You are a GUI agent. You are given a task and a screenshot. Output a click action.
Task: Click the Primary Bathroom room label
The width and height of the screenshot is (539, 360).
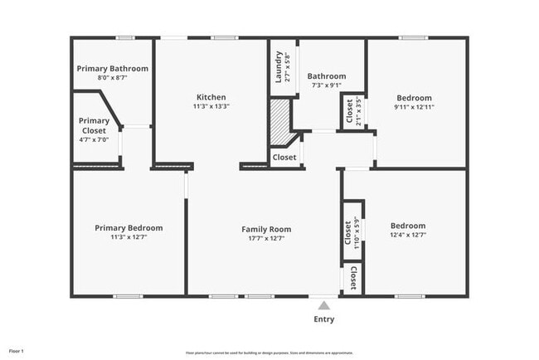pyautogui.click(x=112, y=68)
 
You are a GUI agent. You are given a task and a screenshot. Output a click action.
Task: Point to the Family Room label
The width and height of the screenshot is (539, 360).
pyautogui.click(x=266, y=228)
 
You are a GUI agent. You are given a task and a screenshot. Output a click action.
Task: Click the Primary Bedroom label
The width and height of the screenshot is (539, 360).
pyautogui.click(x=129, y=227)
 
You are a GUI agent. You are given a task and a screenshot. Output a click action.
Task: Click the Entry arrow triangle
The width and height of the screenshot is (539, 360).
pyautogui.click(x=324, y=304)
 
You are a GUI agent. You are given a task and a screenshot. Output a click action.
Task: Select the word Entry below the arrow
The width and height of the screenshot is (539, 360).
pyautogui.click(x=324, y=319)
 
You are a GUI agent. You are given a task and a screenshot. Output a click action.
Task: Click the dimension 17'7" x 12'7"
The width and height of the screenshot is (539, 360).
pyautogui.click(x=266, y=237)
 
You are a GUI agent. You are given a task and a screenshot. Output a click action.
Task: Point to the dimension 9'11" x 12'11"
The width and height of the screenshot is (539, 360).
pyautogui.click(x=414, y=106)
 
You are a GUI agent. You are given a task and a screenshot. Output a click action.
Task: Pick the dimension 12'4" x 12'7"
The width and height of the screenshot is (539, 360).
pyautogui.click(x=408, y=235)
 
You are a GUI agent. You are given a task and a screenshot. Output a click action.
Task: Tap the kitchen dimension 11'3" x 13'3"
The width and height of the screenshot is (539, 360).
pyautogui.click(x=211, y=105)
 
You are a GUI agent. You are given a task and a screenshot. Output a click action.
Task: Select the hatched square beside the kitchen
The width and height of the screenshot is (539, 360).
pyautogui.click(x=280, y=114)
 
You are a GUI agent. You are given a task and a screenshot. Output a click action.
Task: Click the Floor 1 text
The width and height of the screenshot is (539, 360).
pyautogui.click(x=17, y=352)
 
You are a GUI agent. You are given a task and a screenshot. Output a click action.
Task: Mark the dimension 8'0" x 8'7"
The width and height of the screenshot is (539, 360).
pyautogui.click(x=112, y=77)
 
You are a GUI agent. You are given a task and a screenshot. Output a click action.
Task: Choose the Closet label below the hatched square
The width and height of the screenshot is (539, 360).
pyautogui.click(x=284, y=157)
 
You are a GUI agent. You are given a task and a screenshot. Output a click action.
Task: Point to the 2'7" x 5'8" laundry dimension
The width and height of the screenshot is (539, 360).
pyautogui.click(x=287, y=66)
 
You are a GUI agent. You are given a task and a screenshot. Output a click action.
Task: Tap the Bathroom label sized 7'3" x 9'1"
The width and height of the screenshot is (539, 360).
pyautogui.click(x=326, y=76)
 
